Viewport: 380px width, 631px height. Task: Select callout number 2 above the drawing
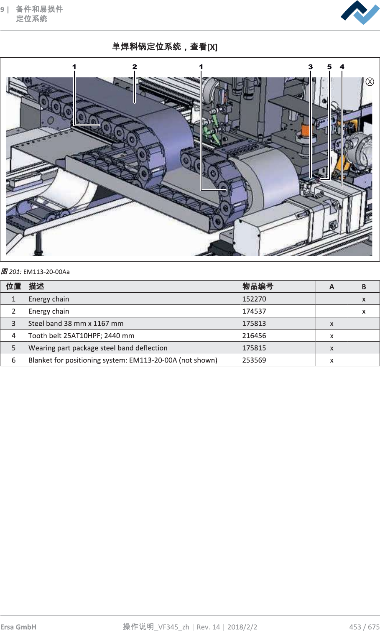click(x=135, y=67)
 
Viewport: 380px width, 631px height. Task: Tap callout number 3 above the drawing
click(x=311, y=67)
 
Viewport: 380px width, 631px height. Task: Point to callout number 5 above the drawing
click(x=329, y=67)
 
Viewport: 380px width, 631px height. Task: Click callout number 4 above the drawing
click(x=342, y=67)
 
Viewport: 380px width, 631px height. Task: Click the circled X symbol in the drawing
click(x=370, y=82)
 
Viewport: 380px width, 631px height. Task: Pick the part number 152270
click(x=254, y=299)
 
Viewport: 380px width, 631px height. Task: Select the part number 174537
click(x=254, y=311)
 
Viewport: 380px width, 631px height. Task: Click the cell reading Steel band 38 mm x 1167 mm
click(x=76, y=323)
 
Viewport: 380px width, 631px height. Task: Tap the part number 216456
click(x=254, y=335)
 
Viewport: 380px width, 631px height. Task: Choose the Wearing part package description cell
click(x=98, y=348)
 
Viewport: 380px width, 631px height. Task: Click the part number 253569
click(x=254, y=360)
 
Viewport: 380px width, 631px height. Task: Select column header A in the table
click(x=332, y=286)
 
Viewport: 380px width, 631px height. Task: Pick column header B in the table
click(x=364, y=286)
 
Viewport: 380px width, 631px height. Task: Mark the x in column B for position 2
click(x=364, y=312)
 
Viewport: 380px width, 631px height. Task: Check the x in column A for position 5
click(x=332, y=348)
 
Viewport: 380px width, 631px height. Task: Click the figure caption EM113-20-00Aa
click(x=46, y=272)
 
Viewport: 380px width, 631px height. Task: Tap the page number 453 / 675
click(x=364, y=626)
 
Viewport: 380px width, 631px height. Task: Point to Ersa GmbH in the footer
click(x=18, y=626)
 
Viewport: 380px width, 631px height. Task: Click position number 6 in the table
click(x=13, y=360)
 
